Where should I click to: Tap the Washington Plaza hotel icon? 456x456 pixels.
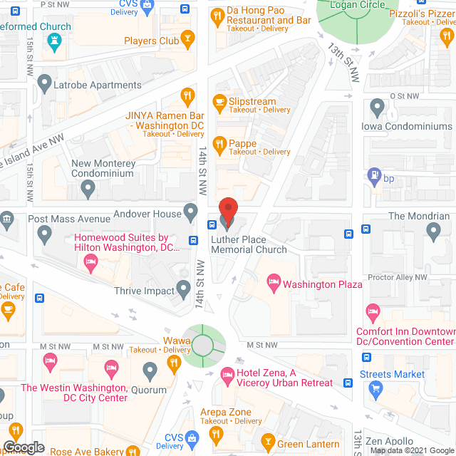[x=272, y=284]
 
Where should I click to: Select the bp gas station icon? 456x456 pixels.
[x=373, y=175]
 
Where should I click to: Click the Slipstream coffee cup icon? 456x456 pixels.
[x=219, y=103]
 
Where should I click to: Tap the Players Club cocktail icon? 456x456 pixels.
[x=188, y=38]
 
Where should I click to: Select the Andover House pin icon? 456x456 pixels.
[x=190, y=211]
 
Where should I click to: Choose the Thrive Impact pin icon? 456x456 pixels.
[x=184, y=289]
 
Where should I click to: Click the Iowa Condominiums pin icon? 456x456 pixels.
[x=377, y=108]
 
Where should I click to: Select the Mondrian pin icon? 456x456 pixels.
[x=433, y=231]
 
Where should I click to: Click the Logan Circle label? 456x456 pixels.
[x=357, y=5]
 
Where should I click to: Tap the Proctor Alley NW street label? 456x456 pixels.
[x=398, y=277]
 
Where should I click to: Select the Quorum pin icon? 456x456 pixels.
[x=150, y=370]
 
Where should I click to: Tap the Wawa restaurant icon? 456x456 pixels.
[x=173, y=364]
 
